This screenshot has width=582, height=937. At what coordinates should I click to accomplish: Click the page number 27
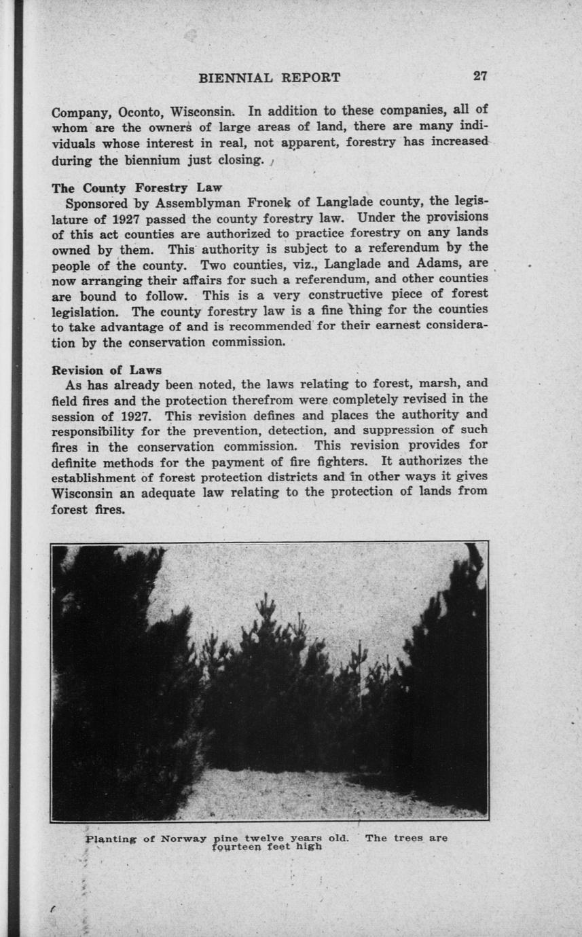pos(480,77)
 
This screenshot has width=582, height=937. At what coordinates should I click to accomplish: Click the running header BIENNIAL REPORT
pos(269,77)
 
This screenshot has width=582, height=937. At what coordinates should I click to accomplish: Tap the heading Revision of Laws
pos(107,371)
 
